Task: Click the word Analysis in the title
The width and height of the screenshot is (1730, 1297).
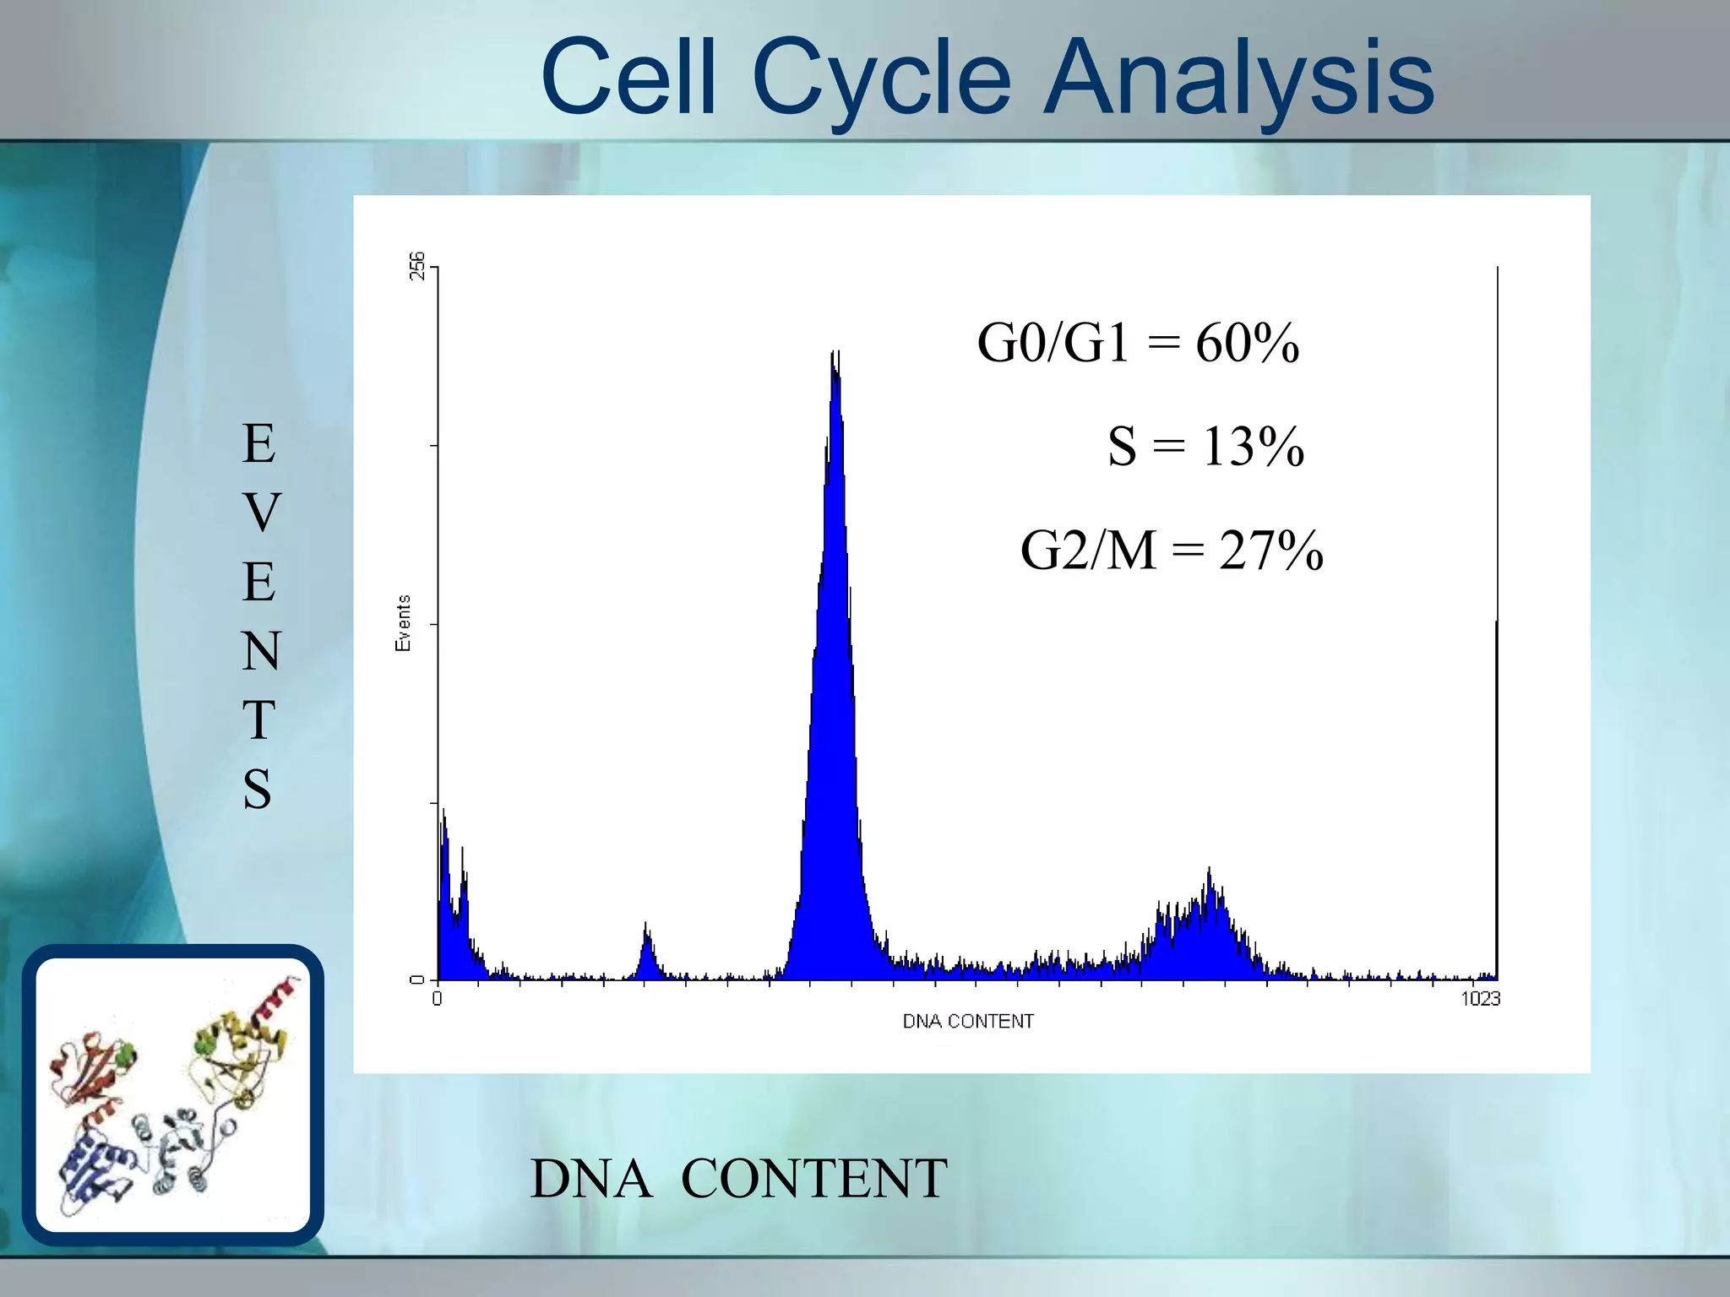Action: [1238, 78]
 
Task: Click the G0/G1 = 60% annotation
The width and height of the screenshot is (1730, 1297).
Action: [1137, 343]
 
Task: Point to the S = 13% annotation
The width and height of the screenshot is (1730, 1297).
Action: [1205, 446]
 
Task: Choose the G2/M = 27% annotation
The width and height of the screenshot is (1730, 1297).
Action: [1171, 551]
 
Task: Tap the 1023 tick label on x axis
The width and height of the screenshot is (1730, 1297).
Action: [1480, 999]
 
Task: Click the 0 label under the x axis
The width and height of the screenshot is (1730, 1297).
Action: [437, 999]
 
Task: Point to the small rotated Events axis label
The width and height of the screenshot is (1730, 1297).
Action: [403, 623]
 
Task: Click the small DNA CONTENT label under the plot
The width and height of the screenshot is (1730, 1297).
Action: [968, 1022]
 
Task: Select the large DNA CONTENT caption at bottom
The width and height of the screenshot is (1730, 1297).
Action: [738, 1179]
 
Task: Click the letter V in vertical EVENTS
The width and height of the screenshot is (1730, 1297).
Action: [260, 513]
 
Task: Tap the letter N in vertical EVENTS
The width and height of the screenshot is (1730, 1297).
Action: [260, 651]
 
